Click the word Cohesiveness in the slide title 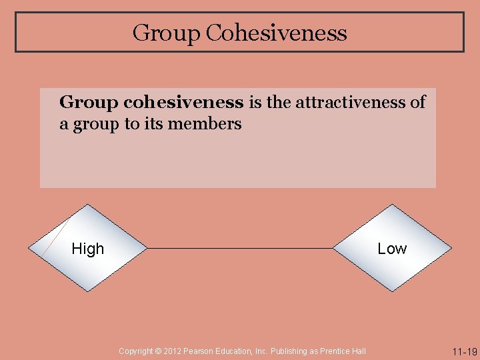pyautogui.click(x=276, y=33)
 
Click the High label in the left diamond pyautogui.click(x=88, y=249)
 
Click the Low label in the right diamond pyautogui.click(x=392, y=249)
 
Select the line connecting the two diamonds pyautogui.click(x=240, y=249)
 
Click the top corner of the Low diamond pyautogui.click(x=392, y=206)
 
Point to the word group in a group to pyautogui.click(x=95, y=124)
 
